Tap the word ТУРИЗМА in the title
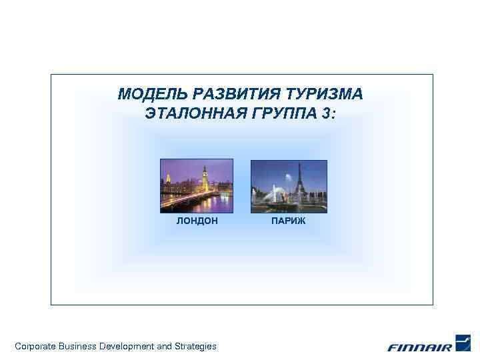(327, 94)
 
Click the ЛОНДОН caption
(197, 221)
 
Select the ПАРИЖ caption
(289, 221)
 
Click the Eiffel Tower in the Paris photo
(301, 180)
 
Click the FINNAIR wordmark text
(419, 347)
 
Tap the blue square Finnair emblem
(463, 342)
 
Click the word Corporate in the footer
(35, 346)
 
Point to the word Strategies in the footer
(195, 346)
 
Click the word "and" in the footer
(164, 346)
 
